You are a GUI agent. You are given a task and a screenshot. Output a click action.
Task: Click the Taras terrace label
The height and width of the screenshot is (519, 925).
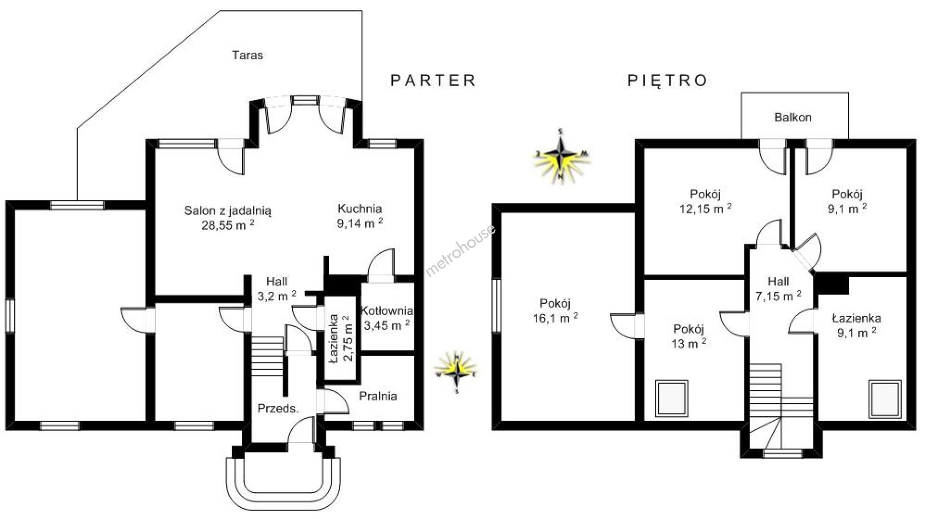tap(248, 55)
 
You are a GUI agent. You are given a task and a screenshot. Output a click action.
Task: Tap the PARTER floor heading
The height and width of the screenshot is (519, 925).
tap(433, 80)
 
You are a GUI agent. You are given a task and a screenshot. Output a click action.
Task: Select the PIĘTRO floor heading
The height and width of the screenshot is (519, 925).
tap(667, 80)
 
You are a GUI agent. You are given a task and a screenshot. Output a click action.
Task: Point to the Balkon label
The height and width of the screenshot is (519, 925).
tap(793, 117)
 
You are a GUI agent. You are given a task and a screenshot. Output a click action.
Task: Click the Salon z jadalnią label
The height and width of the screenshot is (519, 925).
tap(227, 211)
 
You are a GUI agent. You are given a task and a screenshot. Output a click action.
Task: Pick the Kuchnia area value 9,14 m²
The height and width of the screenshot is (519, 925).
tap(360, 223)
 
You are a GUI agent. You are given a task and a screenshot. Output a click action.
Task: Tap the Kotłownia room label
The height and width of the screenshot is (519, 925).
tap(387, 311)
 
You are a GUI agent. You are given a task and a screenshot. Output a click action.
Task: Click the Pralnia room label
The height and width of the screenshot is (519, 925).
tap(378, 396)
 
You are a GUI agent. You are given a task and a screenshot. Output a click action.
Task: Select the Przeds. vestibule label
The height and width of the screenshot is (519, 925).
tap(278, 409)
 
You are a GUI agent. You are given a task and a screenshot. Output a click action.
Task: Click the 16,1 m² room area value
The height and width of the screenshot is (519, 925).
tap(555, 318)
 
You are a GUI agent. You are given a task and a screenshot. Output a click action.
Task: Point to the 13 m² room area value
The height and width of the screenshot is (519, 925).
tap(688, 344)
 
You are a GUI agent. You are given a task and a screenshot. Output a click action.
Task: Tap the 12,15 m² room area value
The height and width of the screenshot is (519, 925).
tap(705, 209)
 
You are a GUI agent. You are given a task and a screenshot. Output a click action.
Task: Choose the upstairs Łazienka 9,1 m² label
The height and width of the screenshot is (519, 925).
tap(856, 325)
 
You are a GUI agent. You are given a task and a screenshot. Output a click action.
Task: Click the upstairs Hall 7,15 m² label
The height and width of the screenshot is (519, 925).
tap(778, 289)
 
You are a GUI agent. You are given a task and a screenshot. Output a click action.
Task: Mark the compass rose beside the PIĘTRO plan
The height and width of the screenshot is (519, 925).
tap(561, 157)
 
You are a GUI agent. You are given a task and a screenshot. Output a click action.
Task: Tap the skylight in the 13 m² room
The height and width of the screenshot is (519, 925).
tap(672, 398)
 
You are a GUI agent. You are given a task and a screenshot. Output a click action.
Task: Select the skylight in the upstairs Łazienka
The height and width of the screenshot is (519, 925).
tap(885, 399)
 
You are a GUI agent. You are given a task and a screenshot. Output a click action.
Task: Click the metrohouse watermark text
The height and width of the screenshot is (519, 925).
tap(460, 250)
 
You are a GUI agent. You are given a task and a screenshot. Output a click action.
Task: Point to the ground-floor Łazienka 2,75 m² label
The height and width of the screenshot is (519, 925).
tap(341, 338)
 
